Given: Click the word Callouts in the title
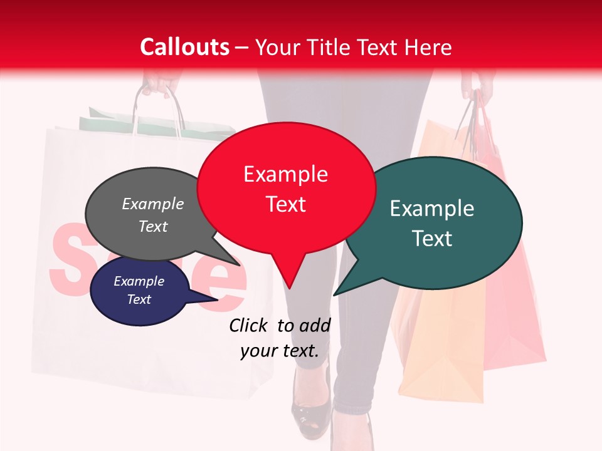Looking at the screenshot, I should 184,47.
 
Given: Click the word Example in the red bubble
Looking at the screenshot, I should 285,174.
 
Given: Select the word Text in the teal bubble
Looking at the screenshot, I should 432,239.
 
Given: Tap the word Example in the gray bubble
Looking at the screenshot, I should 153,204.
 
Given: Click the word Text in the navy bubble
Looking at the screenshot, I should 139,299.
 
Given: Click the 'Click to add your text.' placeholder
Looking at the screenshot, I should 279,338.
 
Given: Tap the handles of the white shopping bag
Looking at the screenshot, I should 157,110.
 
